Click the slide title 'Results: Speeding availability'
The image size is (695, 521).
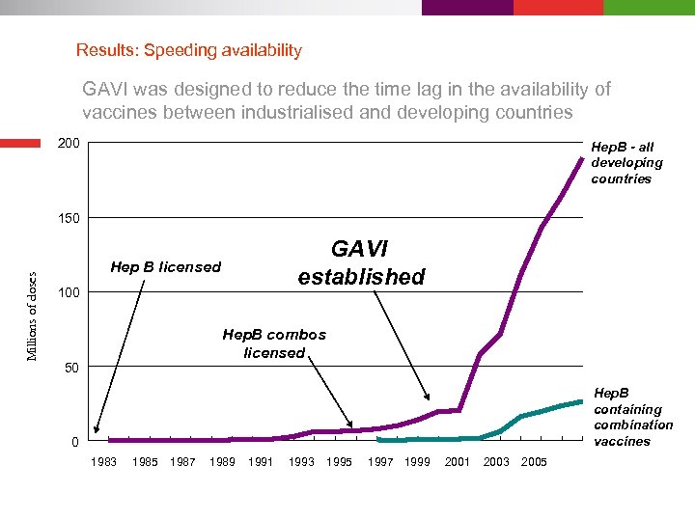tap(189, 50)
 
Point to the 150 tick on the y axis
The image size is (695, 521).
tap(69, 218)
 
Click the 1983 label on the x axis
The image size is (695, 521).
tap(103, 462)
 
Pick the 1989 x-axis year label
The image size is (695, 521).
tap(222, 462)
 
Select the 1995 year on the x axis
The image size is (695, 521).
tap(339, 462)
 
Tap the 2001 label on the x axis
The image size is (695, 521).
tap(458, 462)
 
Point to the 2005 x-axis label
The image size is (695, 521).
tap(534, 462)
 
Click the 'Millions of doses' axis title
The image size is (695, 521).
tap(32, 303)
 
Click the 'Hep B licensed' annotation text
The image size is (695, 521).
tap(166, 267)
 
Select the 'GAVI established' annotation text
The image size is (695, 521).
tap(361, 263)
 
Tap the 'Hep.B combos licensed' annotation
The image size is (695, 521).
tap(274, 343)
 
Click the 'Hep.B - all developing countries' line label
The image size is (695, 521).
tap(626, 163)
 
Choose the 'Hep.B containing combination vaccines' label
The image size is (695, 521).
tap(632, 417)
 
